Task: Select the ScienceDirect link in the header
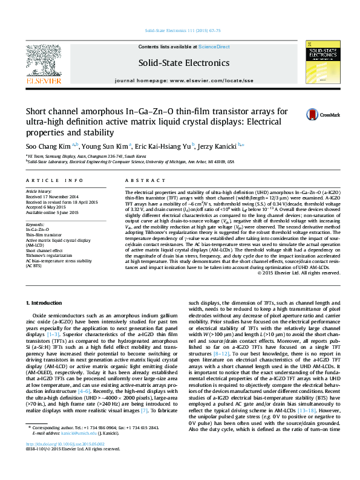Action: tap(214, 47)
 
